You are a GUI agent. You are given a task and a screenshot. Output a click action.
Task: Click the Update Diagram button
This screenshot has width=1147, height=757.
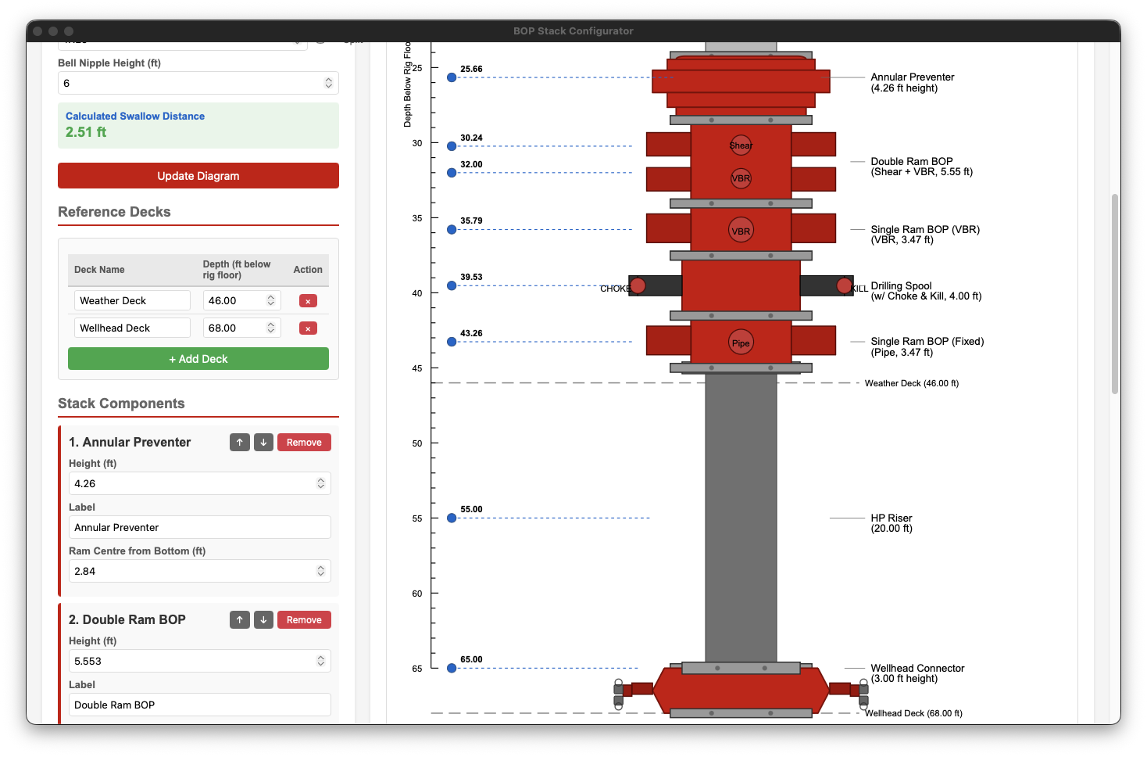pyautogui.click(x=198, y=176)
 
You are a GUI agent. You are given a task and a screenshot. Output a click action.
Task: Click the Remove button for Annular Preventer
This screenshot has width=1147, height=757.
pyautogui.click(x=304, y=443)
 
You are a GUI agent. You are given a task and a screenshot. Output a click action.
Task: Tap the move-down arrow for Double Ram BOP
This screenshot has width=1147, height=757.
pyautogui.click(x=264, y=620)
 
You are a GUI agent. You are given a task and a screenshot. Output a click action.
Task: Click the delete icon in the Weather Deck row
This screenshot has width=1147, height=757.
pyautogui.click(x=308, y=301)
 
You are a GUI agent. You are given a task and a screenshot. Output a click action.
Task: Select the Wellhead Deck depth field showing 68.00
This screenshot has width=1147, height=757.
pyautogui.click(x=234, y=328)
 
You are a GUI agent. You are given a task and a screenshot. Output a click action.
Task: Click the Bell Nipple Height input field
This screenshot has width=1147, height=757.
pyautogui.click(x=191, y=83)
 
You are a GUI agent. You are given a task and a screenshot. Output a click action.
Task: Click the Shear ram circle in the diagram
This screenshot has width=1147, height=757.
pyautogui.click(x=741, y=145)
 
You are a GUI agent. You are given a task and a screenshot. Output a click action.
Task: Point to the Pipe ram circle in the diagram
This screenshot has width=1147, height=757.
pyautogui.click(x=741, y=343)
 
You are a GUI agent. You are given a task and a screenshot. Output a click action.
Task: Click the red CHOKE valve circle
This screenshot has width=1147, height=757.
pyautogui.click(x=638, y=285)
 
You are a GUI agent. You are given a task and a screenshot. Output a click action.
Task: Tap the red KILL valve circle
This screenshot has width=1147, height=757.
pyautogui.click(x=844, y=285)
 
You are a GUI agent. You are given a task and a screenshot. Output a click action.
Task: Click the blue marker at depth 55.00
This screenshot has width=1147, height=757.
pyautogui.click(x=452, y=518)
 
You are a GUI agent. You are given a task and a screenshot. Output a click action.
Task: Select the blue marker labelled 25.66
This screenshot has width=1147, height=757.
pyautogui.click(x=452, y=77)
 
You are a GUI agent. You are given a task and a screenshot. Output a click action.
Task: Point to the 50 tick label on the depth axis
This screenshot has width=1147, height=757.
pyautogui.click(x=417, y=443)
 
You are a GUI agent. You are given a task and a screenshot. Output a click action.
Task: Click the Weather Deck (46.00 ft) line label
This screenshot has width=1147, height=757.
pyautogui.click(x=911, y=383)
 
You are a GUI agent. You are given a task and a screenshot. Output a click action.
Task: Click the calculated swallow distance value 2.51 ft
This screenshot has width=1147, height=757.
pyautogui.click(x=86, y=132)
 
